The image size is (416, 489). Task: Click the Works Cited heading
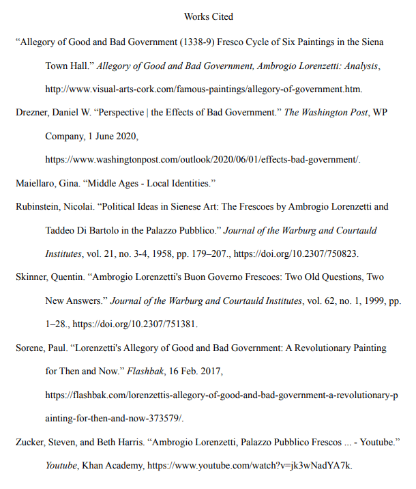click(208, 16)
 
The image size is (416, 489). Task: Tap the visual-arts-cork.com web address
click(203, 89)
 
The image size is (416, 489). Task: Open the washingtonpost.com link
click(202, 160)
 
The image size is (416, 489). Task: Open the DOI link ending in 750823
click(297, 254)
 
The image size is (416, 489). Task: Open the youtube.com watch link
click(250, 466)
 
